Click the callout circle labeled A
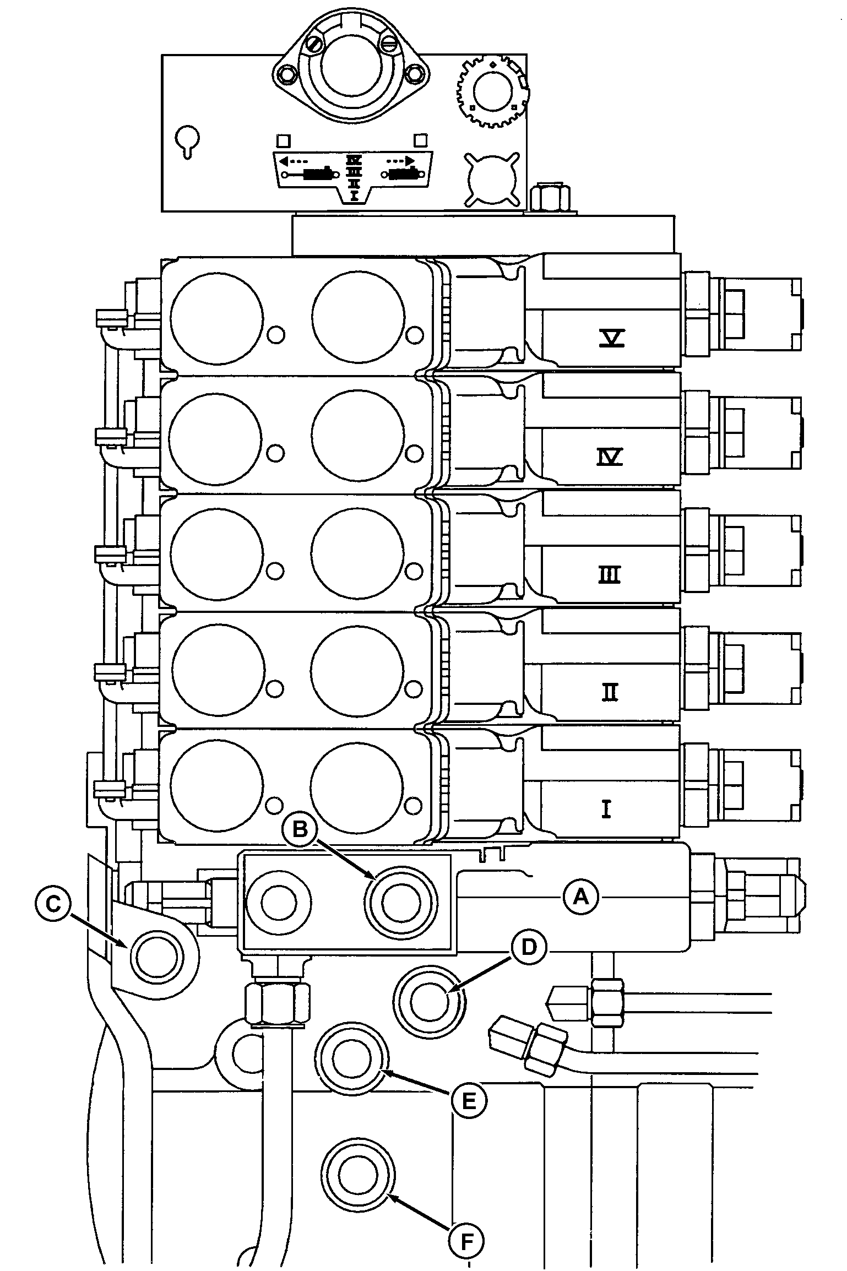click(x=581, y=898)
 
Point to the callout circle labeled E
click(x=469, y=1100)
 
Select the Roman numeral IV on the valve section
click(x=610, y=457)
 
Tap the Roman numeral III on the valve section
click(x=609, y=575)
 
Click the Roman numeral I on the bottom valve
click(x=606, y=809)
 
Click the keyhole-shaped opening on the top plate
click(x=187, y=141)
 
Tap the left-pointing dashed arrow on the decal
click(x=293, y=161)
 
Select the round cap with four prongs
click(x=492, y=180)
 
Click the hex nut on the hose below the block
click(x=278, y=1004)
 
